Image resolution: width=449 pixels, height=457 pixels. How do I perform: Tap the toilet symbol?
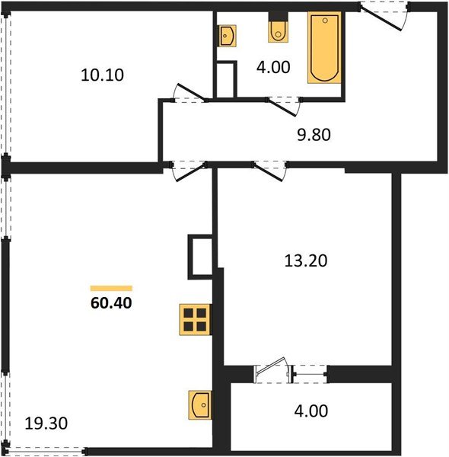point(279,30)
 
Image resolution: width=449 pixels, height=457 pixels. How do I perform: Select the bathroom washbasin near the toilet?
point(228,35)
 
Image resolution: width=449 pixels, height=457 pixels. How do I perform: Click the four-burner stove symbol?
point(195,318)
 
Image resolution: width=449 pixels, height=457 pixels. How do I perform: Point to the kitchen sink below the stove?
point(200,404)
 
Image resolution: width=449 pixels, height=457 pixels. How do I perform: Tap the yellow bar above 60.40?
point(111,288)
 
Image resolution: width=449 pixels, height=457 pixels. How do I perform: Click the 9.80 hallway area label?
point(314,136)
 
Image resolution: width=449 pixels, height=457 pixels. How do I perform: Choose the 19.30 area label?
point(43,423)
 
